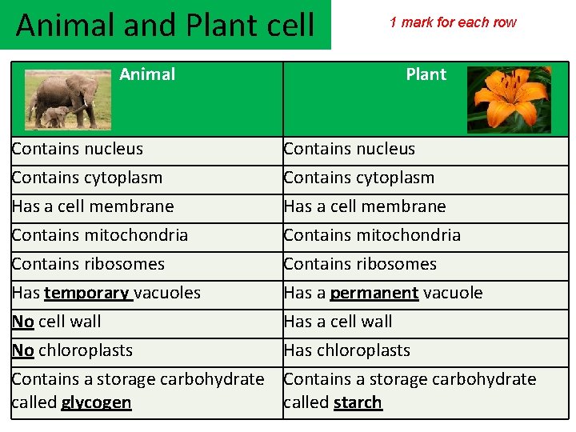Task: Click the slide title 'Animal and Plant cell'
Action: click(x=165, y=25)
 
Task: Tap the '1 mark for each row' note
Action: click(x=453, y=22)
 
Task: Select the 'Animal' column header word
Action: click(x=147, y=74)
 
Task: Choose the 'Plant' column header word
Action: click(x=426, y=74)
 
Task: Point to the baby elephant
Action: click(x=54, y=117)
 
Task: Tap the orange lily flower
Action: click(x=509, y=98)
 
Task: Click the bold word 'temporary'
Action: click(x=88, y=293)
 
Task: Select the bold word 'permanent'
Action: click(x=374, y=293)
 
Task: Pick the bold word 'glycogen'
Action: click(x=96, y=402)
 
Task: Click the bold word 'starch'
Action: click(x=358, y=402)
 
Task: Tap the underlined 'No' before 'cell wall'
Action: click(x=22, y=322)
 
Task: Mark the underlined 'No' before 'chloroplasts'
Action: click(x=22, y=350)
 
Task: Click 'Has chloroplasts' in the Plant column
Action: click(x=346, y=350)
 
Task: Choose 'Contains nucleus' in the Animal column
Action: click(x=78, y=149)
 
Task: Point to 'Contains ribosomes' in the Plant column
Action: click(x=360, y=264)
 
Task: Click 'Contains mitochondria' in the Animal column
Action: click(x=100, y=235)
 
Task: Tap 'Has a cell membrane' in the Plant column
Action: click(x=364, y=206)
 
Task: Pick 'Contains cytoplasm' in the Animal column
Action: click(x=87, y=178)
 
